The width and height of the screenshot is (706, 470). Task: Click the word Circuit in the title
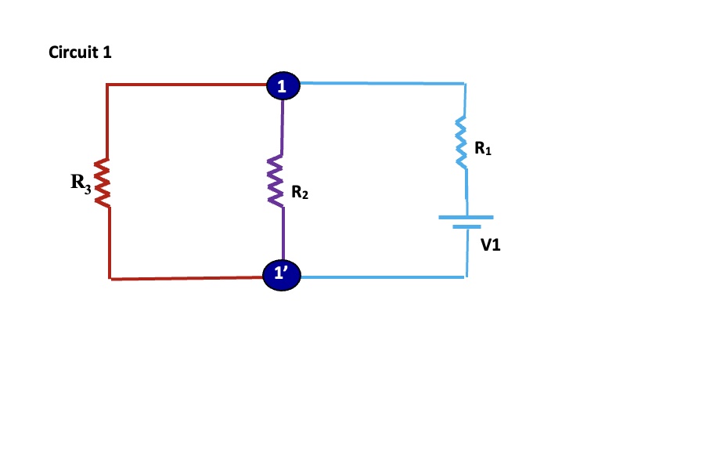[x=69, y=53]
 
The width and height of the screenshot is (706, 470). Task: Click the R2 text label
[x=299, y=192]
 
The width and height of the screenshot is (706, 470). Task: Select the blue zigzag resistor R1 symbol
[x=463, y=143]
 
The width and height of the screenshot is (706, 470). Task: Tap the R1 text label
[x=483, y=147]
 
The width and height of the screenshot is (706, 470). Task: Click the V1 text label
[x=491, y=244]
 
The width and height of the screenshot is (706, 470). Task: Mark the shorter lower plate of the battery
[x=466, y=227]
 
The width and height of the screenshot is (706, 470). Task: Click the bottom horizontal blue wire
[x=384, y=277]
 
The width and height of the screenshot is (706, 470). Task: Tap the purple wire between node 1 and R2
[x=282, y=125]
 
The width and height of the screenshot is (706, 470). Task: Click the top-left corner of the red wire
[x=107, y=85]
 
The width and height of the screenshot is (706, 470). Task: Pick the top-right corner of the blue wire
[x=465, y=83]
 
